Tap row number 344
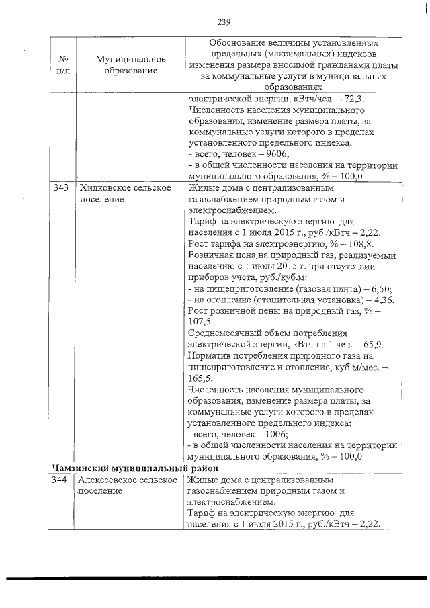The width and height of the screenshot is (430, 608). click(x=62, y=480)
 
